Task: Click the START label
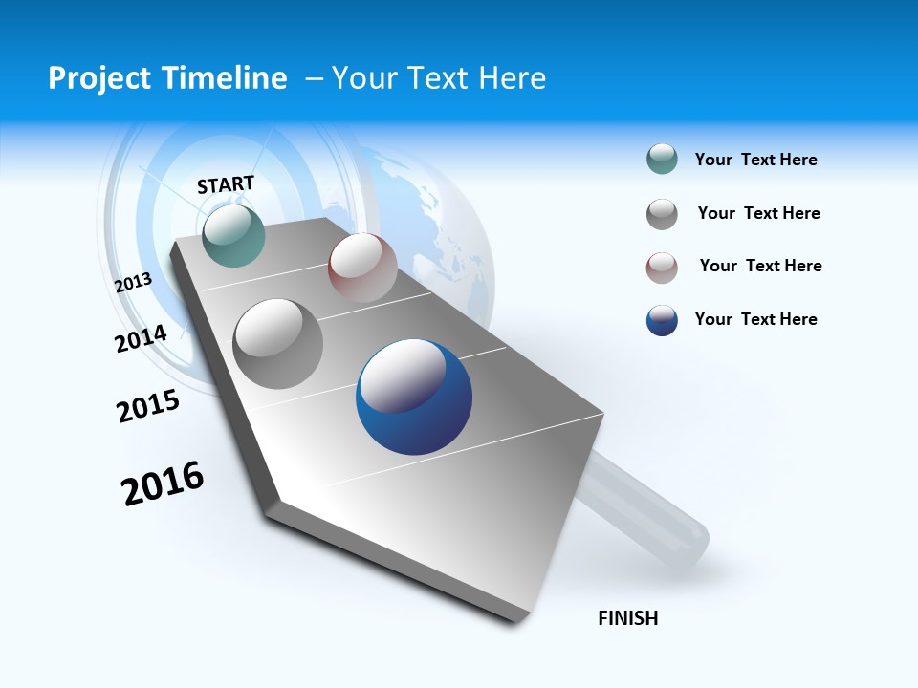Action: pyautogui.click(x=226, y=184)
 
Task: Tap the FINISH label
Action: pyautogui.click(x=628, y=618)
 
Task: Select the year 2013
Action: pyautogui.click(x=134, y=282)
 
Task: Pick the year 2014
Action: pyautogui.click(x=142, y=338)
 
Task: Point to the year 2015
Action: pyautogui.click(x=148, y=406)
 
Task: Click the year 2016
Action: pyautogui.click(x=163, y=483)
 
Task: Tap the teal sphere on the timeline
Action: pyautogui.click(x=233, y=235)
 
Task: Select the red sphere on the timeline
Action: pyautogui.click(x=362, y=267)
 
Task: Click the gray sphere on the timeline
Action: pyautogui.click(x=278, y=343)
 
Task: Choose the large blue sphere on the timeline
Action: pyautogui.click(x=414, y=397)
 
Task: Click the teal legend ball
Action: pyautogui.click(x=662, y=159)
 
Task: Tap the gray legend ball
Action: pyautogui.click(x=662, y=214)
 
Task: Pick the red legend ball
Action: pyautogui.click(x=662, y=268)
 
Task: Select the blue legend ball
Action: pyautogui.click(x=662, y=320)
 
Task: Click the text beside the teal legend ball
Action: pyautogui.click(x=755, y=160)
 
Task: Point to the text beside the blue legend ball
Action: pyautogui.click(x=755, y=319)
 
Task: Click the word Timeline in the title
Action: pyautogui.click(x=227, y=78)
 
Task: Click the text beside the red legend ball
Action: pyautogui.click(x=760, y=266)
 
